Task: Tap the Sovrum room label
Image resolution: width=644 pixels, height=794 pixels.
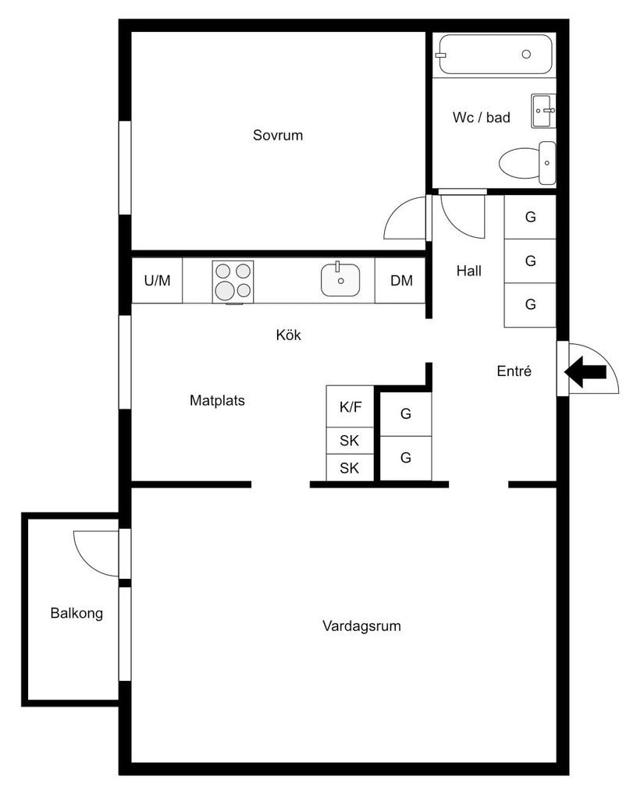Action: click(277, 136)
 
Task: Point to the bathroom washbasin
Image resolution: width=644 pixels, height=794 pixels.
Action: click(543, 111)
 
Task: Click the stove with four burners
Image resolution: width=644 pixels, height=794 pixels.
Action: click(233, 281)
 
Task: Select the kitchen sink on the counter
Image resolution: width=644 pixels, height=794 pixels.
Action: click(340, 280)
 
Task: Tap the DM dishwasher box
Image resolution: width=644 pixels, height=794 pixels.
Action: click(401, 281)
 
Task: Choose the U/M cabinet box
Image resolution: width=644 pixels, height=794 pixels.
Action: click(157, 281)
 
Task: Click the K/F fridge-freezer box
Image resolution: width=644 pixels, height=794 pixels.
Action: click(350, 406)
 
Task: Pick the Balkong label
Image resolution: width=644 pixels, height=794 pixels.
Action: click(76, 613)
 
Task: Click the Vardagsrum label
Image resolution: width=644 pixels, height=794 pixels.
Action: click(361, 626)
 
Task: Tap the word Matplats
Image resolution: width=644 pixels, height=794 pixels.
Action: click(217, 401)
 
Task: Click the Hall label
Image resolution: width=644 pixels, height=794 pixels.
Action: click(468, 271)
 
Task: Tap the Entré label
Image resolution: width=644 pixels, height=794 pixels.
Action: click(514, 372)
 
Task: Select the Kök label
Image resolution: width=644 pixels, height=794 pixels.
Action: click(288, 335)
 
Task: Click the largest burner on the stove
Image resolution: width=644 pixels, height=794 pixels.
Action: click(225, 290)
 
